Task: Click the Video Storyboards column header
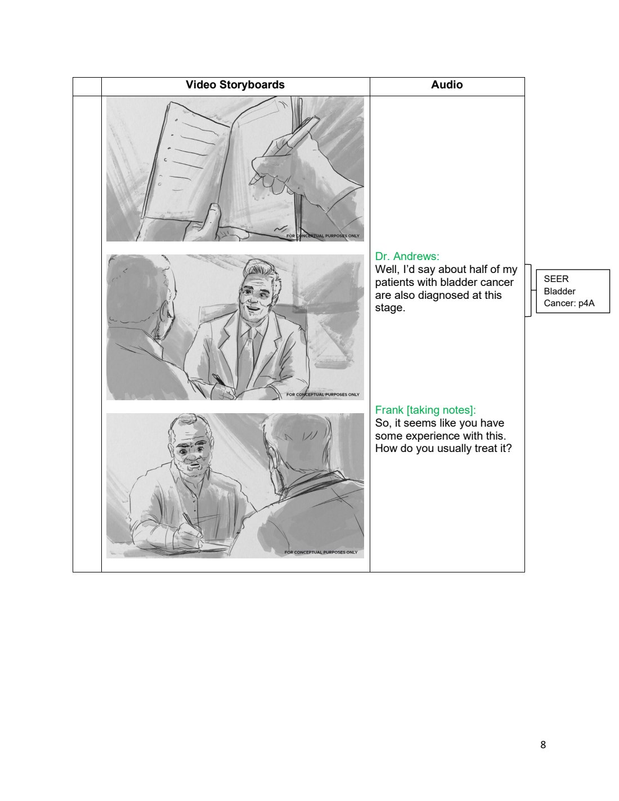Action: coord(235,85)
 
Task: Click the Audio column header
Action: coord(447,85)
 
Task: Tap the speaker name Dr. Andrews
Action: coord(407,256)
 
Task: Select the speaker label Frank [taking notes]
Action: coord(425,410)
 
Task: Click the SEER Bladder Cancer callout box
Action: coord(573,291)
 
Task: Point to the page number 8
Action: coord(543,745)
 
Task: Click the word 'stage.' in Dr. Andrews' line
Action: coord(390,308)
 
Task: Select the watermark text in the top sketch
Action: coord(323,236)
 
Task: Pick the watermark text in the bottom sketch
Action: coord(321,552)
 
